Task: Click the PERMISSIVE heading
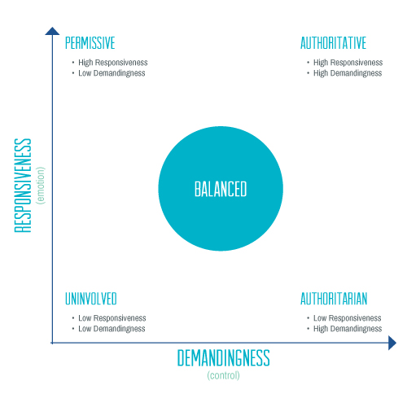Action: [90, 42]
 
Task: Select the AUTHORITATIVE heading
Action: [333, 42]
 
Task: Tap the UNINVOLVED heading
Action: [91, 299]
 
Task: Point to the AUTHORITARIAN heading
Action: [334, 299]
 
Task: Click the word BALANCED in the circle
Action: [220, 190]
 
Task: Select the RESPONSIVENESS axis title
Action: [24, 186]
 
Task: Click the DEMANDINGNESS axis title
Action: [223, 358]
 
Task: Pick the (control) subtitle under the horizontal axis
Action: [223, 375]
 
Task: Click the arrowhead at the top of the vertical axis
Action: [51, 31]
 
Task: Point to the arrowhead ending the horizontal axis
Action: [392, 343]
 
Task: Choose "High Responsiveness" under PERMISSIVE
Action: [113, 63]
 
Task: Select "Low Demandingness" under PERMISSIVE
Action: [112, 73]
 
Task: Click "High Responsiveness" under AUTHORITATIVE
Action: [348, 63]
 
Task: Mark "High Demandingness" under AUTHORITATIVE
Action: [348, 73]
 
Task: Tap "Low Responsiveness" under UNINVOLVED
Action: [112, 318]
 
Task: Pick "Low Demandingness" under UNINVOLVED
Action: [112, 329]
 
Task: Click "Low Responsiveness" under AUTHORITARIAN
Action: [347, 318]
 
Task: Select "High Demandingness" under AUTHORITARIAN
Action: [348, 329]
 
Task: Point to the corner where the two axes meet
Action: [51, 343]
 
